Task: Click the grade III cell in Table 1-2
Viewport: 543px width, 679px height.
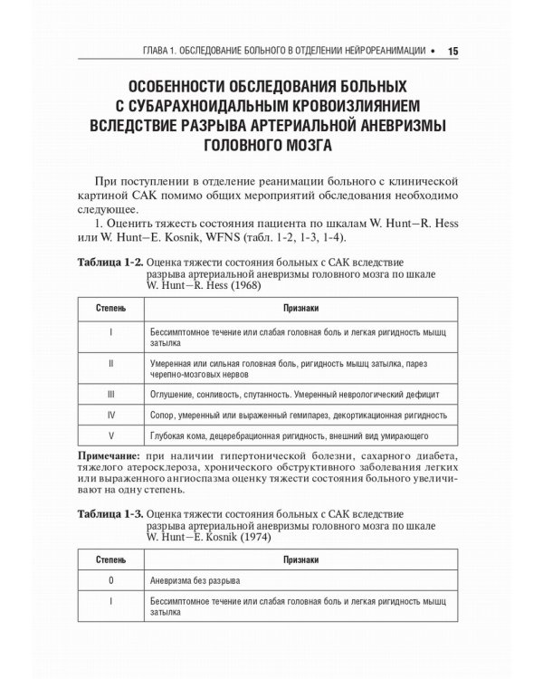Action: pos(110,395)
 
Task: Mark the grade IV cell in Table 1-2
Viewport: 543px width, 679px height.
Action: pos(110,416)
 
